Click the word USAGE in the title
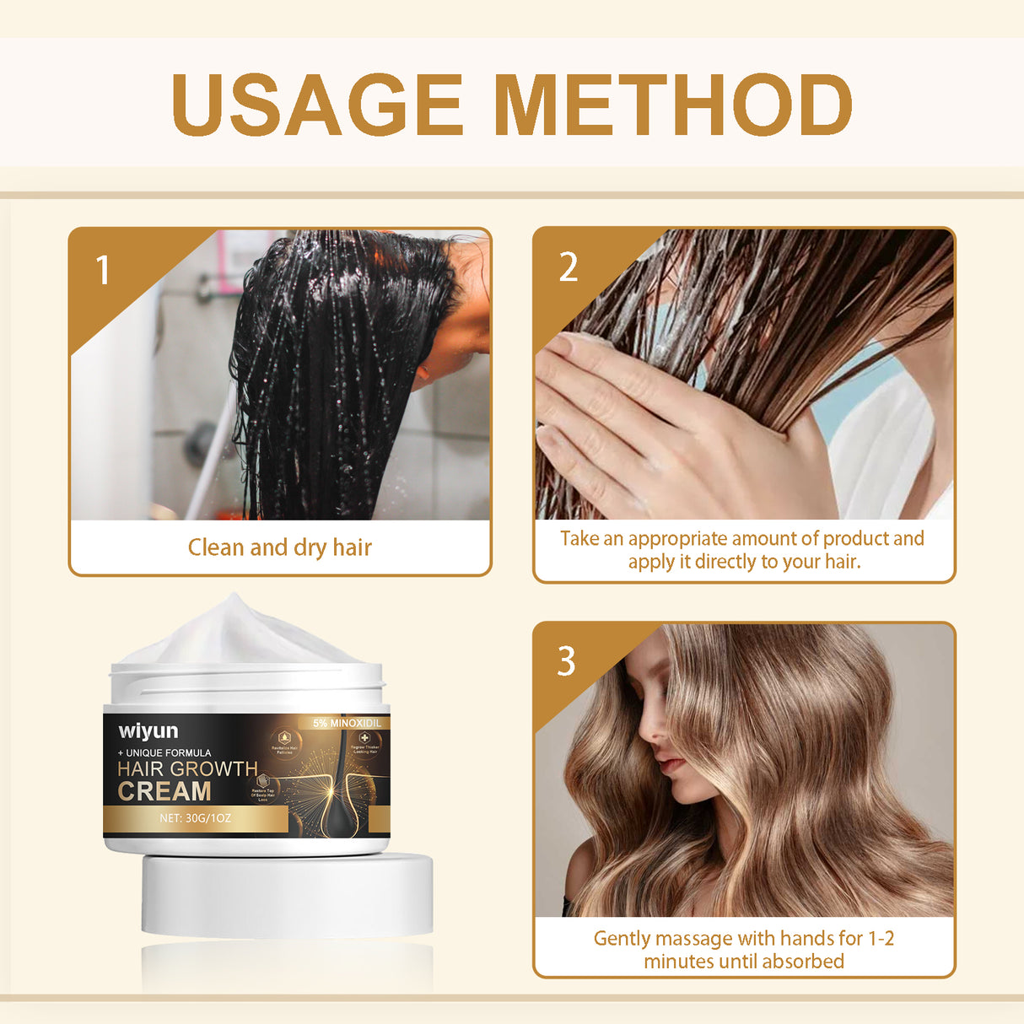tap(317, 105)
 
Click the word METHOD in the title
tap(673, 105)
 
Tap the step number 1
tap(103, 271)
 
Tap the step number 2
tap(569, 267)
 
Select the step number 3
tap(567, 661)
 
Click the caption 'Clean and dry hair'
tap(279, 547)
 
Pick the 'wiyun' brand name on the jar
tap(148, 730)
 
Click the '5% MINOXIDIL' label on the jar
tap(347, 723)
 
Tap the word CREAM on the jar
tap(164, 791)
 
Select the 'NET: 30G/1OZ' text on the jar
tap(195, 818)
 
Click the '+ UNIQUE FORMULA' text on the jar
tap(164, 752)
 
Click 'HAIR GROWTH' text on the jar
tap(187, 769)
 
